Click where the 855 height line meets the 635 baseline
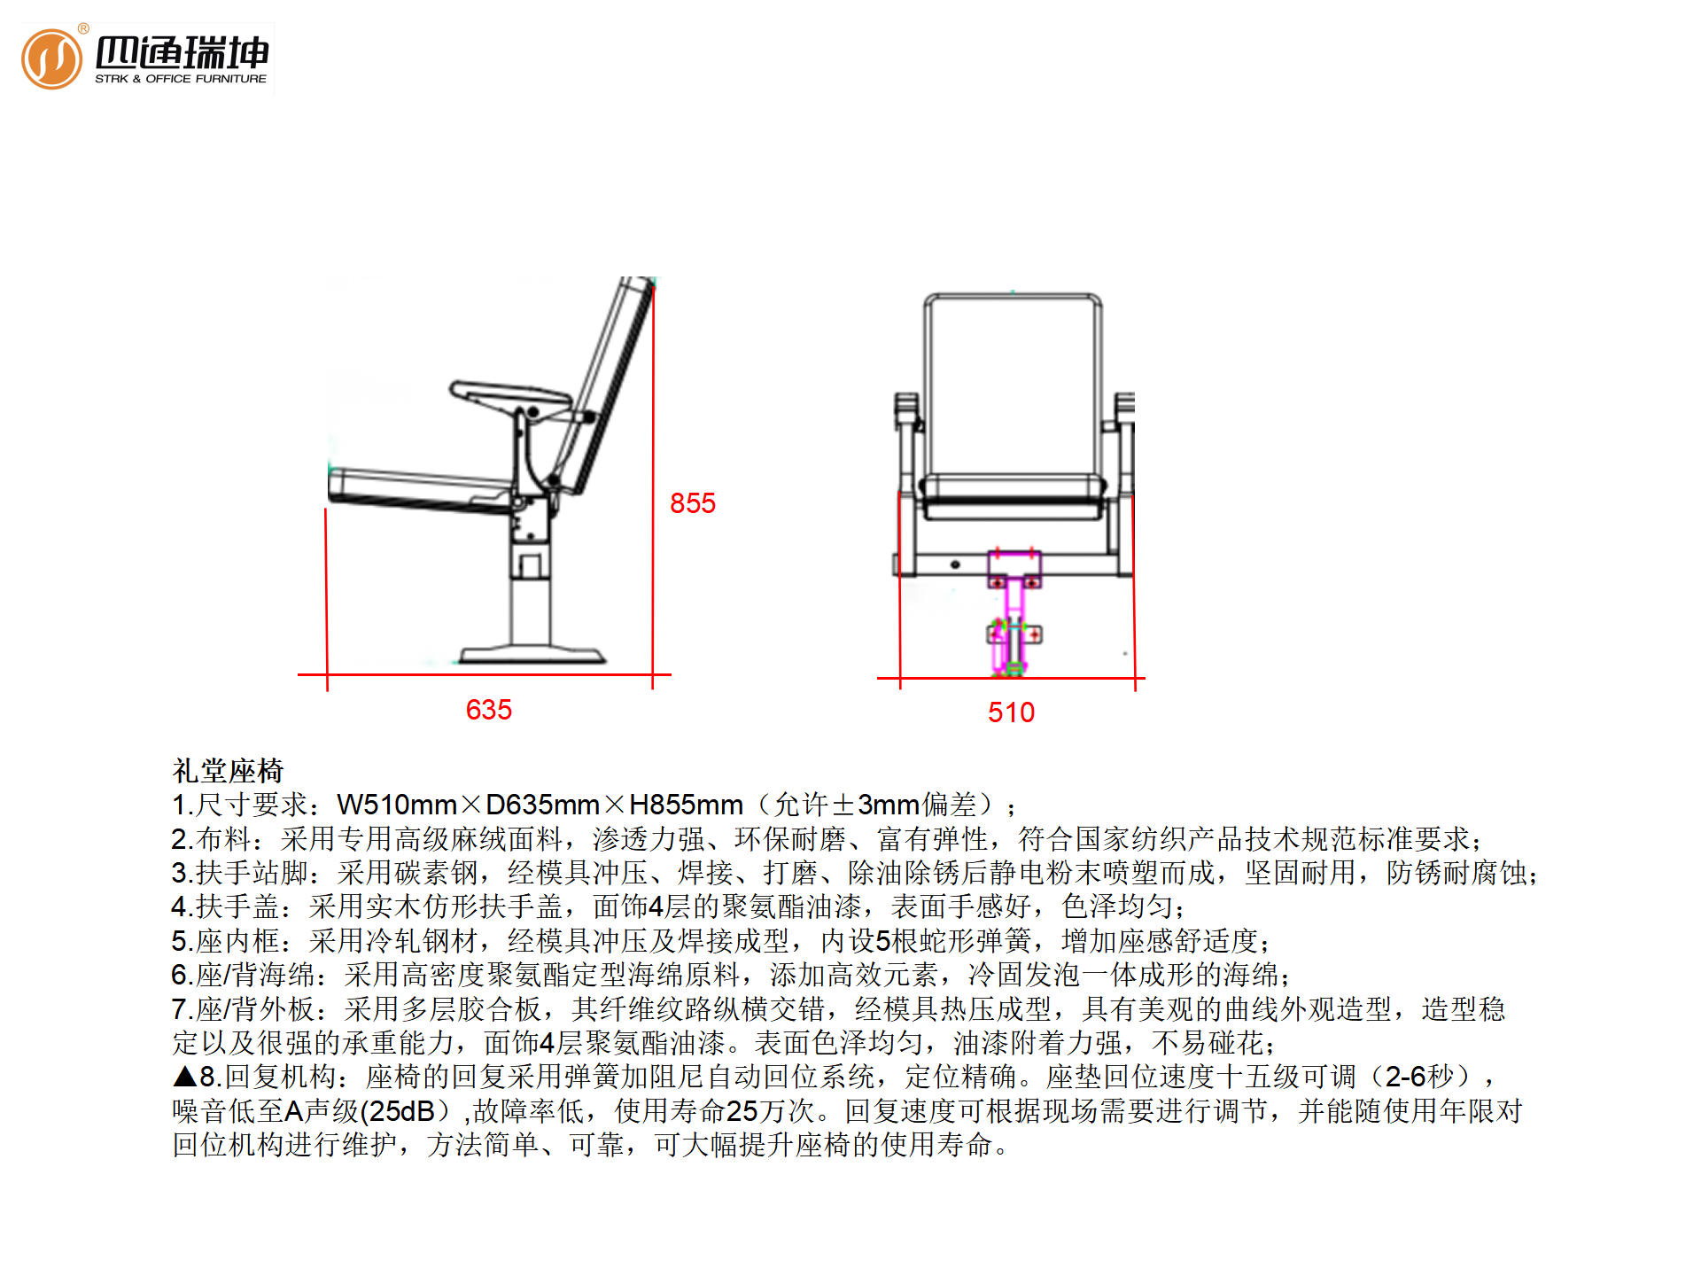(x=653, y=674)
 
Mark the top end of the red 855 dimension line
(x=653, y=281)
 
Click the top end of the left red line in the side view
(x=326, y=509)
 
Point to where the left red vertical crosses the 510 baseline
(x=900, y=678)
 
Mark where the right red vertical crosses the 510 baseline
(x=1134, y=678)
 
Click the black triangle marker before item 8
(x=184, y=1077)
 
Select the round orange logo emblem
(x=51, y=59)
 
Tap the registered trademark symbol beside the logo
(x=83, y=28)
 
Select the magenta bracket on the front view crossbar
(x=1014, y=568)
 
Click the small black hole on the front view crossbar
(x=955, y=564)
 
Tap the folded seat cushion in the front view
(x=1013, y=497)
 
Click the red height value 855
(x=693, y=503)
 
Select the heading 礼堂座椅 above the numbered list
(x=228, y=771)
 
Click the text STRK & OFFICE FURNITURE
(x=181, y=79)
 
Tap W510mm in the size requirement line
(x=397, y=805)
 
